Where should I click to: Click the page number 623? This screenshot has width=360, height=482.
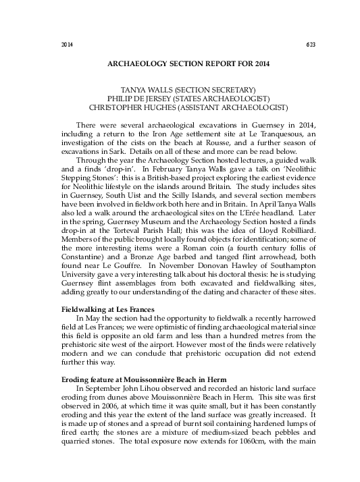(x=311, y=45)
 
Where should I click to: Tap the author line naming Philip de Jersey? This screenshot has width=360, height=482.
(x=180, y=99)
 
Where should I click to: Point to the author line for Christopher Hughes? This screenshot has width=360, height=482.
(x=180, y=107)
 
